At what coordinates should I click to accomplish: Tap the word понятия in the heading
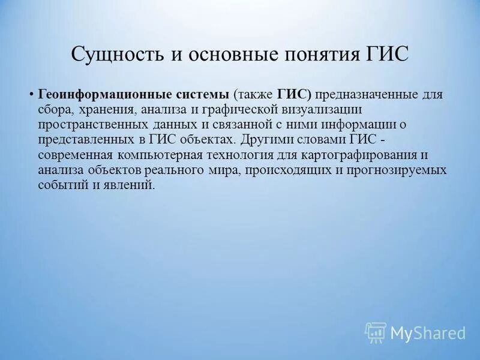[324, 55]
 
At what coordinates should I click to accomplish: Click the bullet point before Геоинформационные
[31, 95]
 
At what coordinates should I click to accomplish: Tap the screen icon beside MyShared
[376, 332]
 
